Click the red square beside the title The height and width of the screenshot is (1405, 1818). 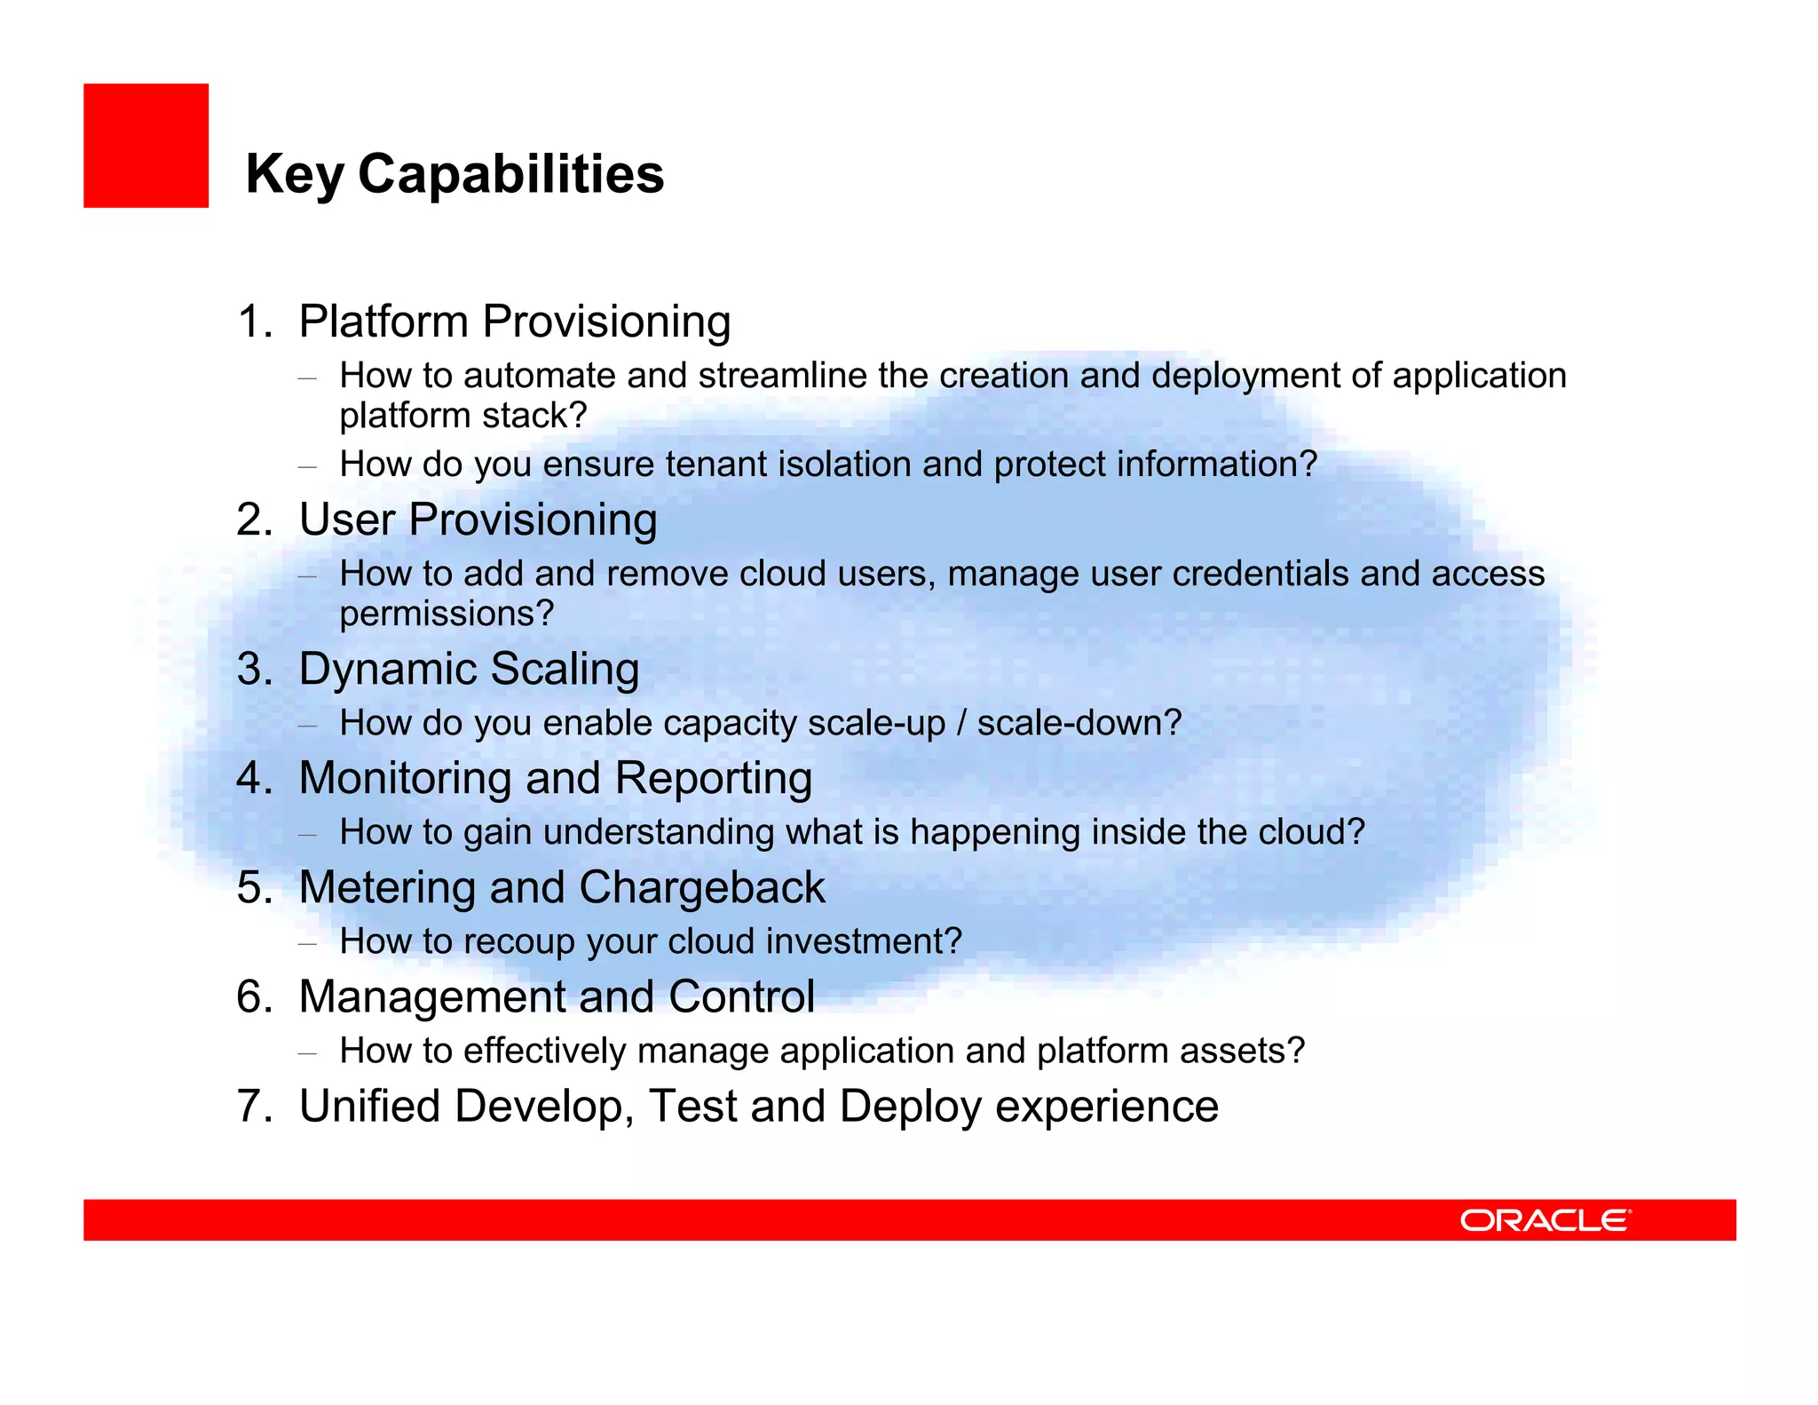[146, 146]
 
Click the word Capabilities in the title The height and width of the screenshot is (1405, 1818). [510, 174]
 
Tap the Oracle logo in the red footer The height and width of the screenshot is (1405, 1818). [1545, 1220]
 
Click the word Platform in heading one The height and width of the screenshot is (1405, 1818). [383, 321]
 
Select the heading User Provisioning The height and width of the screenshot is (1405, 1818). [478, 520]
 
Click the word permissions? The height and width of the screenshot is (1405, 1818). [447, 615]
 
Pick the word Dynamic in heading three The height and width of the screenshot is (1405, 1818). [387, 670]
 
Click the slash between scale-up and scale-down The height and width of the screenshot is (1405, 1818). [961, 723]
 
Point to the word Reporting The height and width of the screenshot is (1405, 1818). [713, 778]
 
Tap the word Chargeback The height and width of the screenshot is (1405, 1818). [701, 888]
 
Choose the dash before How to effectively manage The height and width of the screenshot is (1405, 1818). [307, 1052]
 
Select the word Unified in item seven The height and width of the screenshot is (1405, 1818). [369, 1107]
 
